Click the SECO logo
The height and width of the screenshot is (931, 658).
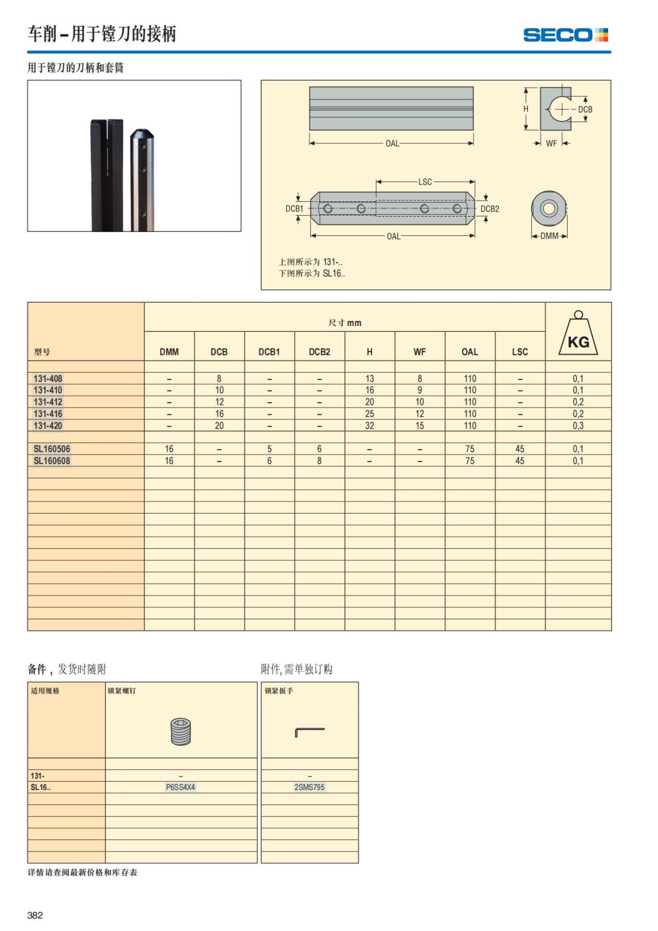(565, 35)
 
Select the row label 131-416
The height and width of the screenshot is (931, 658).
(48, 414)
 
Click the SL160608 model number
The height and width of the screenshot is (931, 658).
(52, 461)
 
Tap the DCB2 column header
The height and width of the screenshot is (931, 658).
(319, 352)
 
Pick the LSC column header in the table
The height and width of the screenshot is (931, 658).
(520, 352)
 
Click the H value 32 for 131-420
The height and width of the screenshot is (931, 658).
(370, 426)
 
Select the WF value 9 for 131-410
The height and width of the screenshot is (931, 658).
(419, 390)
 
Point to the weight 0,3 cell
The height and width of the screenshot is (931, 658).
(578, 426)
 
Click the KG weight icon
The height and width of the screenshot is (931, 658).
(578, 333)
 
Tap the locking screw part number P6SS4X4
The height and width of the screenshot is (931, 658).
(180, 787)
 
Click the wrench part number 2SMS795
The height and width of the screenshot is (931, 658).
(309, 787)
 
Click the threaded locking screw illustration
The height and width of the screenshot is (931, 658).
(180, 731)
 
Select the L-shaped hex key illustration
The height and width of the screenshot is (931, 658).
(309, 732)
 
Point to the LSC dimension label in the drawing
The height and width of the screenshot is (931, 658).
(425, 182)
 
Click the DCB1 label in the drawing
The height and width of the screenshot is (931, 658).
(294, 208)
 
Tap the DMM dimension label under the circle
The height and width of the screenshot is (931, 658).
(549, 236)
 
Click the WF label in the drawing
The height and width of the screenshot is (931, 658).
(551, 143)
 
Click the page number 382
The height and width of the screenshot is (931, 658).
(35, 915)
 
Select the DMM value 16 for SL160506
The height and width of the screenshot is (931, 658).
(169, 449)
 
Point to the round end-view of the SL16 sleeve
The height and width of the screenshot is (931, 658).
(548, 208)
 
